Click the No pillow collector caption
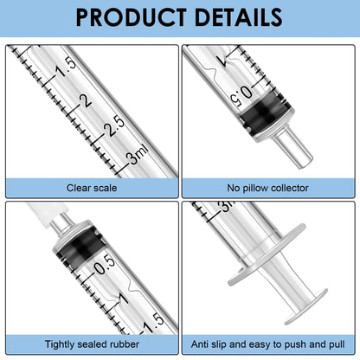pyautogui.click(x=269, y=186)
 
